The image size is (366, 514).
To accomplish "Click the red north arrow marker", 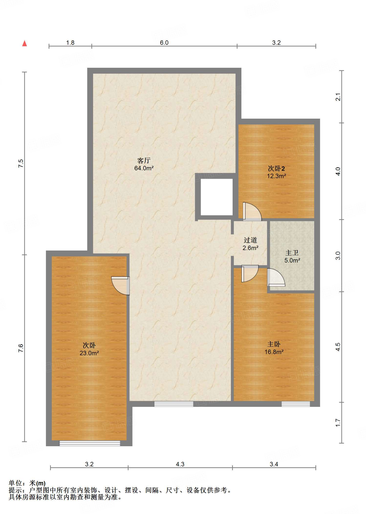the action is [25, 43].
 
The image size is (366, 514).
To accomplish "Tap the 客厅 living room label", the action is [144, 160].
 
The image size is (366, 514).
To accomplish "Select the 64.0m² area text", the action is [144, 168].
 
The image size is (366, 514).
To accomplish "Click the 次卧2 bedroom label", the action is [276, 168].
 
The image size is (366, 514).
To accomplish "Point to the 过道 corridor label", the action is [250, 240].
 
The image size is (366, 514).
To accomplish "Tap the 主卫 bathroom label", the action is [292, 253].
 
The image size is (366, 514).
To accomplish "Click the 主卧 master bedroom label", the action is [274, 344].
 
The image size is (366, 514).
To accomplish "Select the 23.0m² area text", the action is [89, 353].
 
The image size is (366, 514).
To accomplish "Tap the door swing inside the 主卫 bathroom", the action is [276, 277].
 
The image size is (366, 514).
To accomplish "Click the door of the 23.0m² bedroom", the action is [121, 286].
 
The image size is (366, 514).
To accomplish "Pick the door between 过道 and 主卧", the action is [250, 274].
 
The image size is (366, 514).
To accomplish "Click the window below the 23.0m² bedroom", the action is [90, 443].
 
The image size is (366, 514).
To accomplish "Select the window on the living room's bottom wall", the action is [174, 404].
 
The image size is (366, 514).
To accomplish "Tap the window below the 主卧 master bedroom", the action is [296, 404].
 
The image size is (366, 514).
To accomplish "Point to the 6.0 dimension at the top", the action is [164, 43].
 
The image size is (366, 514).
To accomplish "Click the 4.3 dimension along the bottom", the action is [180, 464].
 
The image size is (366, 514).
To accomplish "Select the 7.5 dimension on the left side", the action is [21, 163].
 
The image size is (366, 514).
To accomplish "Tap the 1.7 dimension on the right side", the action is [338, 423].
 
